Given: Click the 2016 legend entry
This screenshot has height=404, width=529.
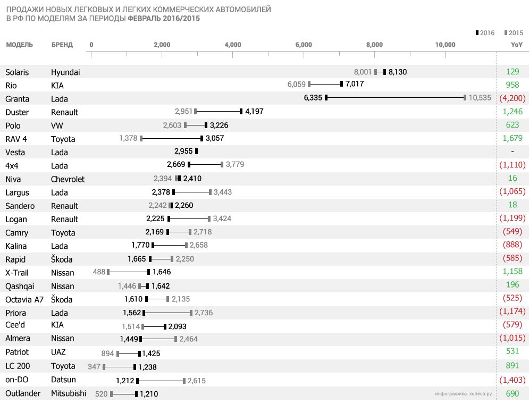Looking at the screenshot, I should coord(485,33).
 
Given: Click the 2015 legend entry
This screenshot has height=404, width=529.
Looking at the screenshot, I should coord(514,33).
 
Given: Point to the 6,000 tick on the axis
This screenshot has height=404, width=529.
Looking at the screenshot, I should coord(304,45).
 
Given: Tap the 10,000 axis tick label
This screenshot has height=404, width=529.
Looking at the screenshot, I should coord(445,45).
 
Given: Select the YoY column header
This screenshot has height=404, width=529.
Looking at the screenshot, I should coord(516,45).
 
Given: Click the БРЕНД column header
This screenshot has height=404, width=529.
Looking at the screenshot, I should coord(62,45).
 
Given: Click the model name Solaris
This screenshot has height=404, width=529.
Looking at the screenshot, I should coord(17,72).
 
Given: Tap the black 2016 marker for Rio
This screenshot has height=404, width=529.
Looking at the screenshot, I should coord(341,84).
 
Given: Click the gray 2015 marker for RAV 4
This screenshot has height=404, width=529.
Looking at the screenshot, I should coord(141,139).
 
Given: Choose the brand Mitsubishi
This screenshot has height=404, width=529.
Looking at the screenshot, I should coord(68,393).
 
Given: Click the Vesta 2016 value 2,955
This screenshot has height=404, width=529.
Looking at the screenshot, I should coord(183,152).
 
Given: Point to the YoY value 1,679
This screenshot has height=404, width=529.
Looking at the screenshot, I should coord(513,139).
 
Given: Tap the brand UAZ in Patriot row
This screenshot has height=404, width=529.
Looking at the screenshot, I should coord(58,352).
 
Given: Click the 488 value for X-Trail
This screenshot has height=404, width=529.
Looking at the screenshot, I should coord(99,272).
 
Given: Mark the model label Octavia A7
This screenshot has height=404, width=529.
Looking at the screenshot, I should coord(24,299).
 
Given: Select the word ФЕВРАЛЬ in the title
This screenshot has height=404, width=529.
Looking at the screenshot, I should coord(145,18).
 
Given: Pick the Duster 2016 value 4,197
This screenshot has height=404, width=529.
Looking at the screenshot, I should coord(254,112).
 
